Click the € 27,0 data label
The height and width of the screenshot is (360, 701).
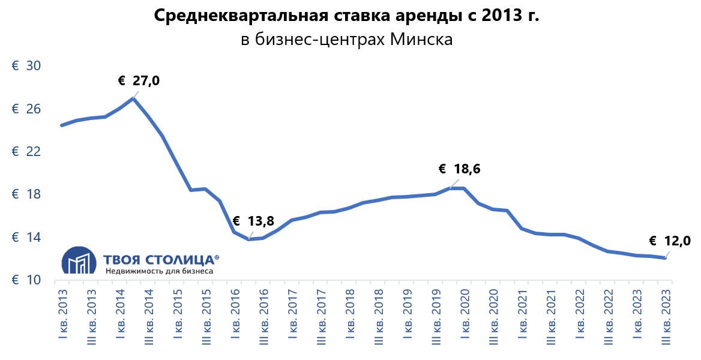pyautogui.click(x=139, y=80)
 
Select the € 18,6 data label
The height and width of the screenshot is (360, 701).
pyautogui.click(x=459, y=169)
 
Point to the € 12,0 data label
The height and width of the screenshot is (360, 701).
pyautogui.click(x=670, y=241)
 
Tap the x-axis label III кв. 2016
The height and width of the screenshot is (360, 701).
pyautogui.click(x=263, y=313)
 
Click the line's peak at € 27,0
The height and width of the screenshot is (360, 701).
pyautogui.click(x=133, y=98)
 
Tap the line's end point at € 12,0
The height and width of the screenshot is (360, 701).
pyautogui.click(x=664, y=258)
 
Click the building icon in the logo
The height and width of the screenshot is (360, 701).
pyautogui.click(x=79, y=262)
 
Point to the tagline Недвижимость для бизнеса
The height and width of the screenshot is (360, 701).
pyautogui.click(x=158, y=271)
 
